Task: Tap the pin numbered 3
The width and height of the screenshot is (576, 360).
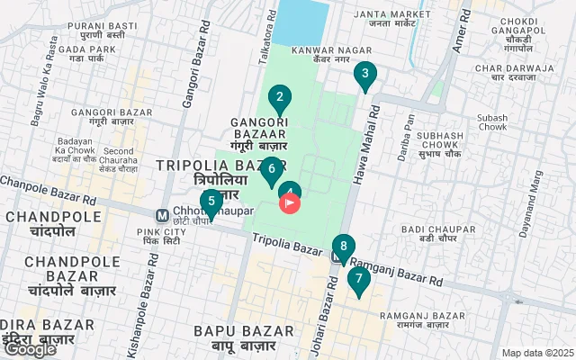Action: (x=364, y=76)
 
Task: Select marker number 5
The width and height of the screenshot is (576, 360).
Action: (x=211, y=202)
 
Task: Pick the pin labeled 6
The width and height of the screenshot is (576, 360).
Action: (x=271, y=168)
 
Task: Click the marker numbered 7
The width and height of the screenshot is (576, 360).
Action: (x=358, y=279)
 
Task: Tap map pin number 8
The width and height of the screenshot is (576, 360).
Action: (x=343, y=246)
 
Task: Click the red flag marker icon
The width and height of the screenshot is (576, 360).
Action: (x=290, y=203)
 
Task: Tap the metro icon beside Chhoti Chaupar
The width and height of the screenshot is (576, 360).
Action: (x=162, y=215)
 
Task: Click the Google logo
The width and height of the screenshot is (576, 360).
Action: (x=30, y=348)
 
